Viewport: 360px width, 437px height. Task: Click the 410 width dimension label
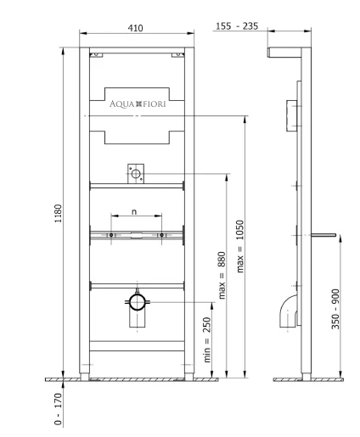(x=135, y=28)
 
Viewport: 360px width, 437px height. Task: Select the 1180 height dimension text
(x=58, y=214)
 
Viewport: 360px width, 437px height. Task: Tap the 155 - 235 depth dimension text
(x=237, y=26)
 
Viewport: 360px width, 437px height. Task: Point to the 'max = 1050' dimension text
(x=240, y=246)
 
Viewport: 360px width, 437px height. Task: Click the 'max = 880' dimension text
(x=222, y=275)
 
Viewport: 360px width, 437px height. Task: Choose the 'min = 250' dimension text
(x=207, y=339)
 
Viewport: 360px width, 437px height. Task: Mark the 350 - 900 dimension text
(x=335, y=309)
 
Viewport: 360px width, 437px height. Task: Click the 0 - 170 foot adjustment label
(x=58, y=409)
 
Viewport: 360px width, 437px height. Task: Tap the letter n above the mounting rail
(x=134, y=211)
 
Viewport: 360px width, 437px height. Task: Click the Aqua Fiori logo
(x=138, y=104)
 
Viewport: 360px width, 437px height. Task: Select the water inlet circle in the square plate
(x=136, y=174)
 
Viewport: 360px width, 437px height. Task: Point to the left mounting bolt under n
(x=111, y=235)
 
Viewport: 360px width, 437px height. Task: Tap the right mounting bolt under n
(x=161, y=235)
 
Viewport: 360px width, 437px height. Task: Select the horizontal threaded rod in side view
(x=323, y=235)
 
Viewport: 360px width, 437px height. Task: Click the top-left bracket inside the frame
(x=96, y=55)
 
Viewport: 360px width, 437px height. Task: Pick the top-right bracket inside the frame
(x=177, y=55)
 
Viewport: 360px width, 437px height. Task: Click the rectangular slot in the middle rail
(x=137, y=235)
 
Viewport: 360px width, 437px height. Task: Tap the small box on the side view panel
(x=291, y=115)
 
